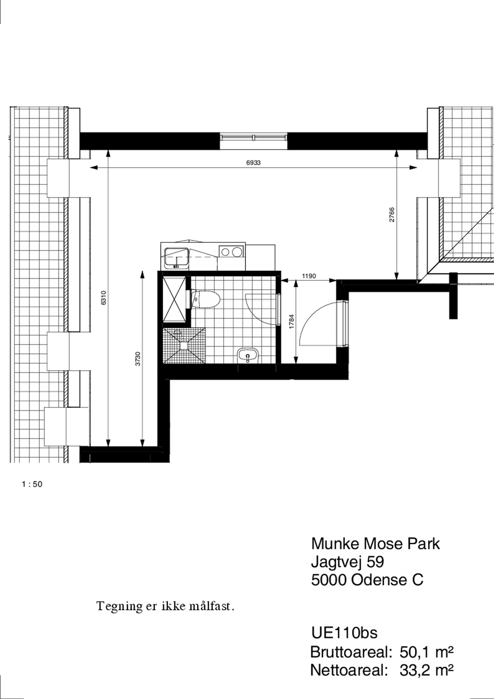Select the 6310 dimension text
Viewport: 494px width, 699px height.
pyautogui.click(x=104, y=298)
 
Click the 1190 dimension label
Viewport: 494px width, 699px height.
pyautogui.click(x=309, y=276)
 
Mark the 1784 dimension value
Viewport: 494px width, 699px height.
pyautogui.click(x=292, y=321)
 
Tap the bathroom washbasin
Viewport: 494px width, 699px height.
pyautogui.click(x=248, y=355)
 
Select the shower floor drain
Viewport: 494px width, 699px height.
pyautogui.click(x=184, y=346)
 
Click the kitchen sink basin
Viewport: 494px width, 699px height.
pyautogui.click(x=176, y=258)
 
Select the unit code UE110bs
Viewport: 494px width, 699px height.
pyautogui.click(x=344, y=633)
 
